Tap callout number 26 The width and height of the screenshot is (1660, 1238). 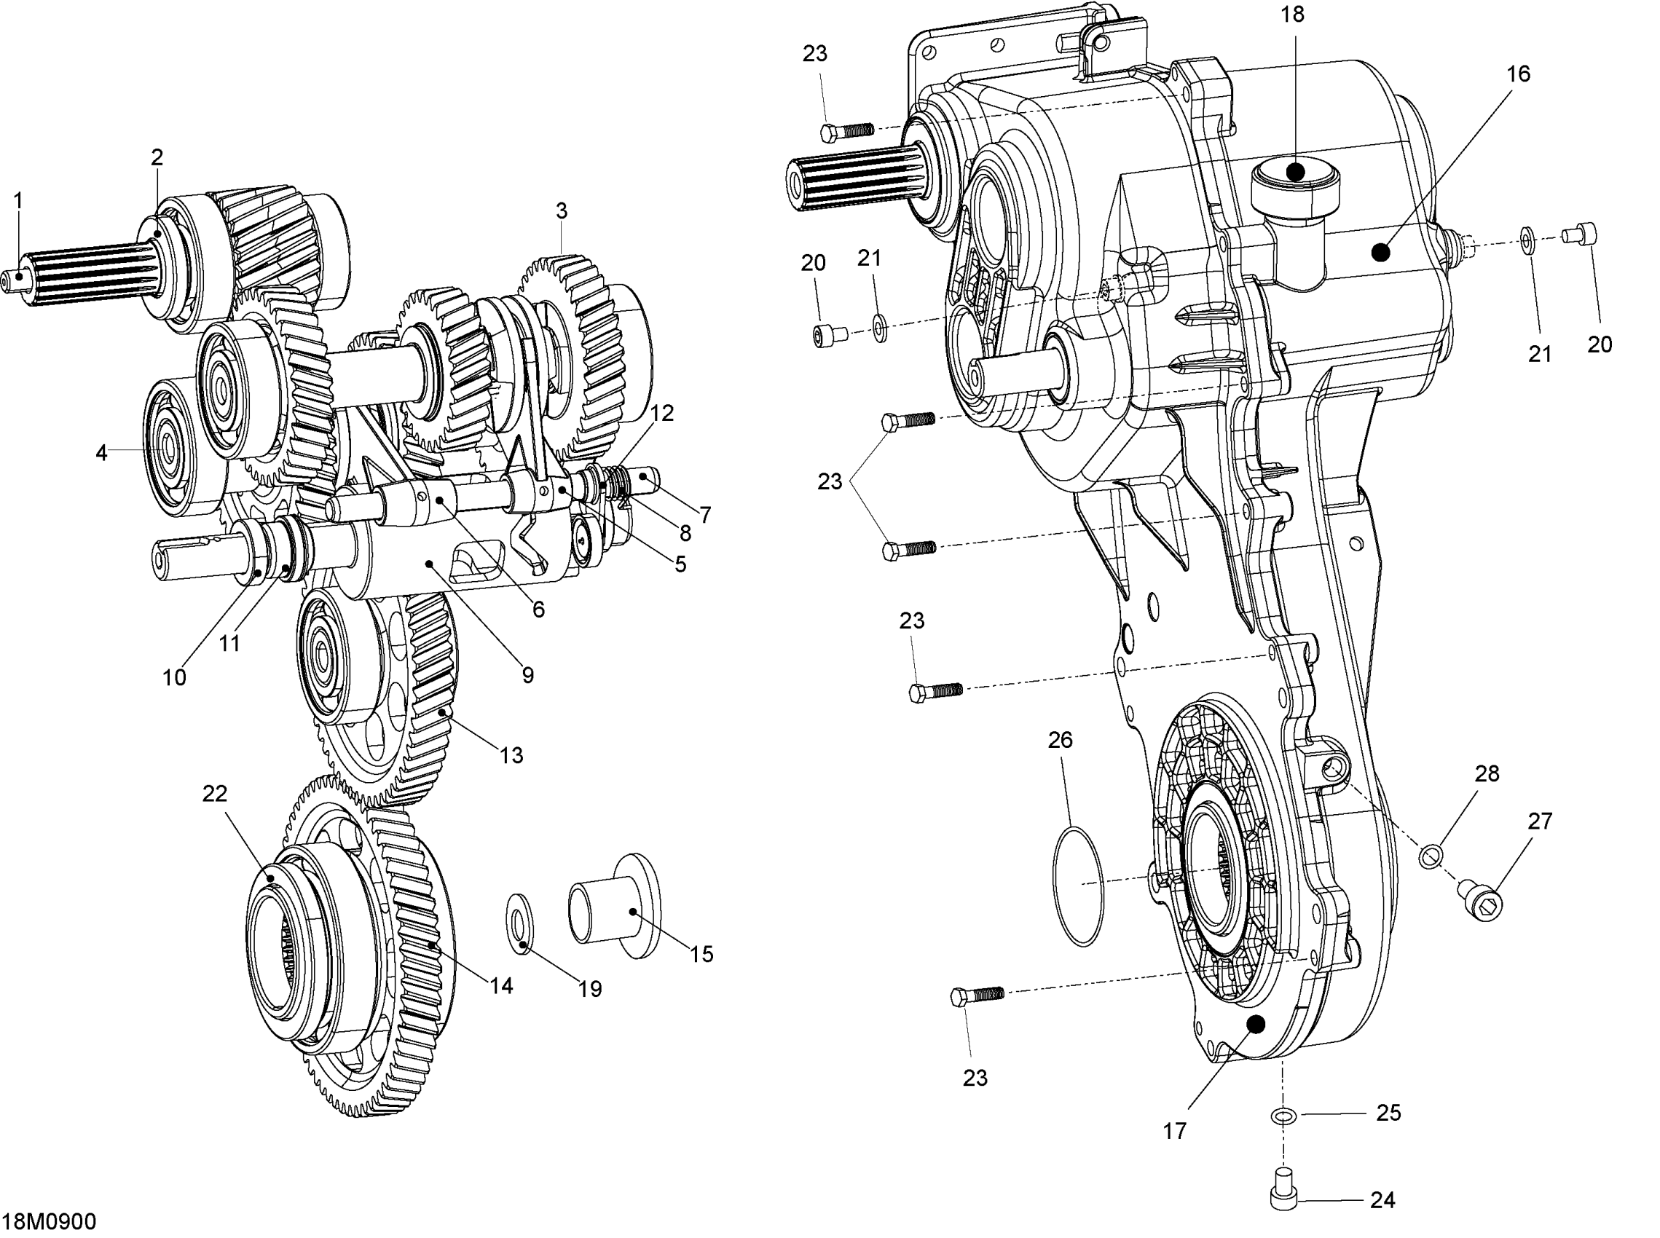(x=1061, y=740)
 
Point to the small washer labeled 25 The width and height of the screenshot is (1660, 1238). (x=1283, y=1116)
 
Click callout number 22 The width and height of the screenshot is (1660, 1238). (x=214, y=793)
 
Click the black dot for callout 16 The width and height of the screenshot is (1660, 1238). (x=1380, y=253)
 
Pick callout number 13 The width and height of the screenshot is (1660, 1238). (x=511, y=754)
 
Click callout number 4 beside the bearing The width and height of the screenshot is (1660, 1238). (x=101, y=452)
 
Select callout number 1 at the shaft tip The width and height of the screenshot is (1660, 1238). (x=18, y=201)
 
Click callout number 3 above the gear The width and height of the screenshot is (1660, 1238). (x=562, y=211)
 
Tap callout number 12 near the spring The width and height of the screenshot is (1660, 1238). (x=662, y=413)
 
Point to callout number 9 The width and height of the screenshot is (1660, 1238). (x=527, y=674)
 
